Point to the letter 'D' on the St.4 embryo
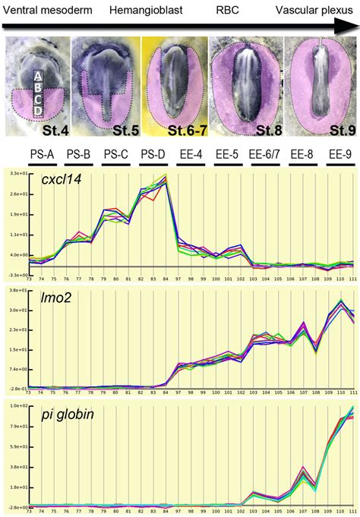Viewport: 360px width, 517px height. click(x=36, y=111)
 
